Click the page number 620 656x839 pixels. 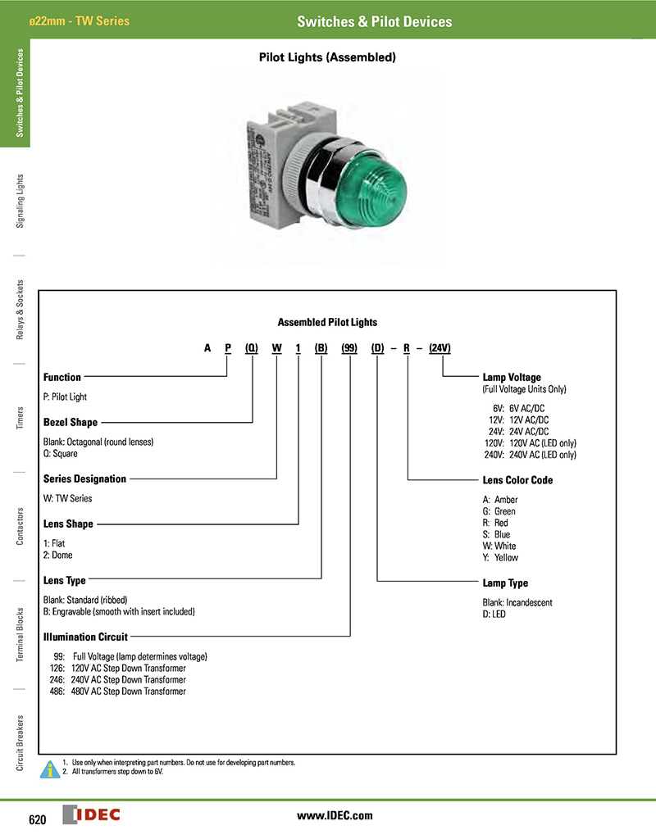click(x=38, y=820)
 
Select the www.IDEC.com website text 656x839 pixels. click(x=335, y=815)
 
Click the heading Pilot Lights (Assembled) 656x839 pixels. click(x=328, y=58)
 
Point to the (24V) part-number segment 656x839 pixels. click(x=440, y=348)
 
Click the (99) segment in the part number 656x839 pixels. click(x=349, y=348)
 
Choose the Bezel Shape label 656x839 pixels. click(x=71, y=423)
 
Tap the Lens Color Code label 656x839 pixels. click(x=518, y=480)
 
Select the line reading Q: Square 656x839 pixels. click(x=61, y=454)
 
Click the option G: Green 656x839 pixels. click(x=499, y=511)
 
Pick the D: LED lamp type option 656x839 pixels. click(x=494, y=615)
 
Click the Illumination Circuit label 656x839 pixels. click(x=85, y=635)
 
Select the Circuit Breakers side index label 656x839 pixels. click(x=20, y=741)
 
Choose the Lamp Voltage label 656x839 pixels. click(x=512, y=378)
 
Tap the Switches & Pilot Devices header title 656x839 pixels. click(x=374, y=21)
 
